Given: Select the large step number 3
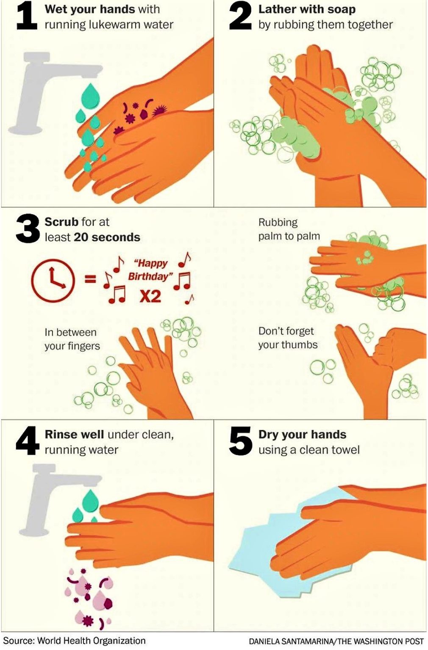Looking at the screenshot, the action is tap(28, 229).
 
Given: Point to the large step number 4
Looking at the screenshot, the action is tap(28, 441).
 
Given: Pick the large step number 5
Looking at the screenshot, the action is tap(240, 441).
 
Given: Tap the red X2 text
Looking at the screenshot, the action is tap(150, 297).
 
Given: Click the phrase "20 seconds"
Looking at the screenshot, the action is tap(107, 237).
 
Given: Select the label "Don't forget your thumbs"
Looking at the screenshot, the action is tap(288, 338).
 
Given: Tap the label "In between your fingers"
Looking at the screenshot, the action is tap(72, 339).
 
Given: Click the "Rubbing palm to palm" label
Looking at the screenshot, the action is tap(289, 229).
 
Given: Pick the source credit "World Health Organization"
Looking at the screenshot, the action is tap(92, 640).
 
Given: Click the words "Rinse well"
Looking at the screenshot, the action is tap(74, 435).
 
